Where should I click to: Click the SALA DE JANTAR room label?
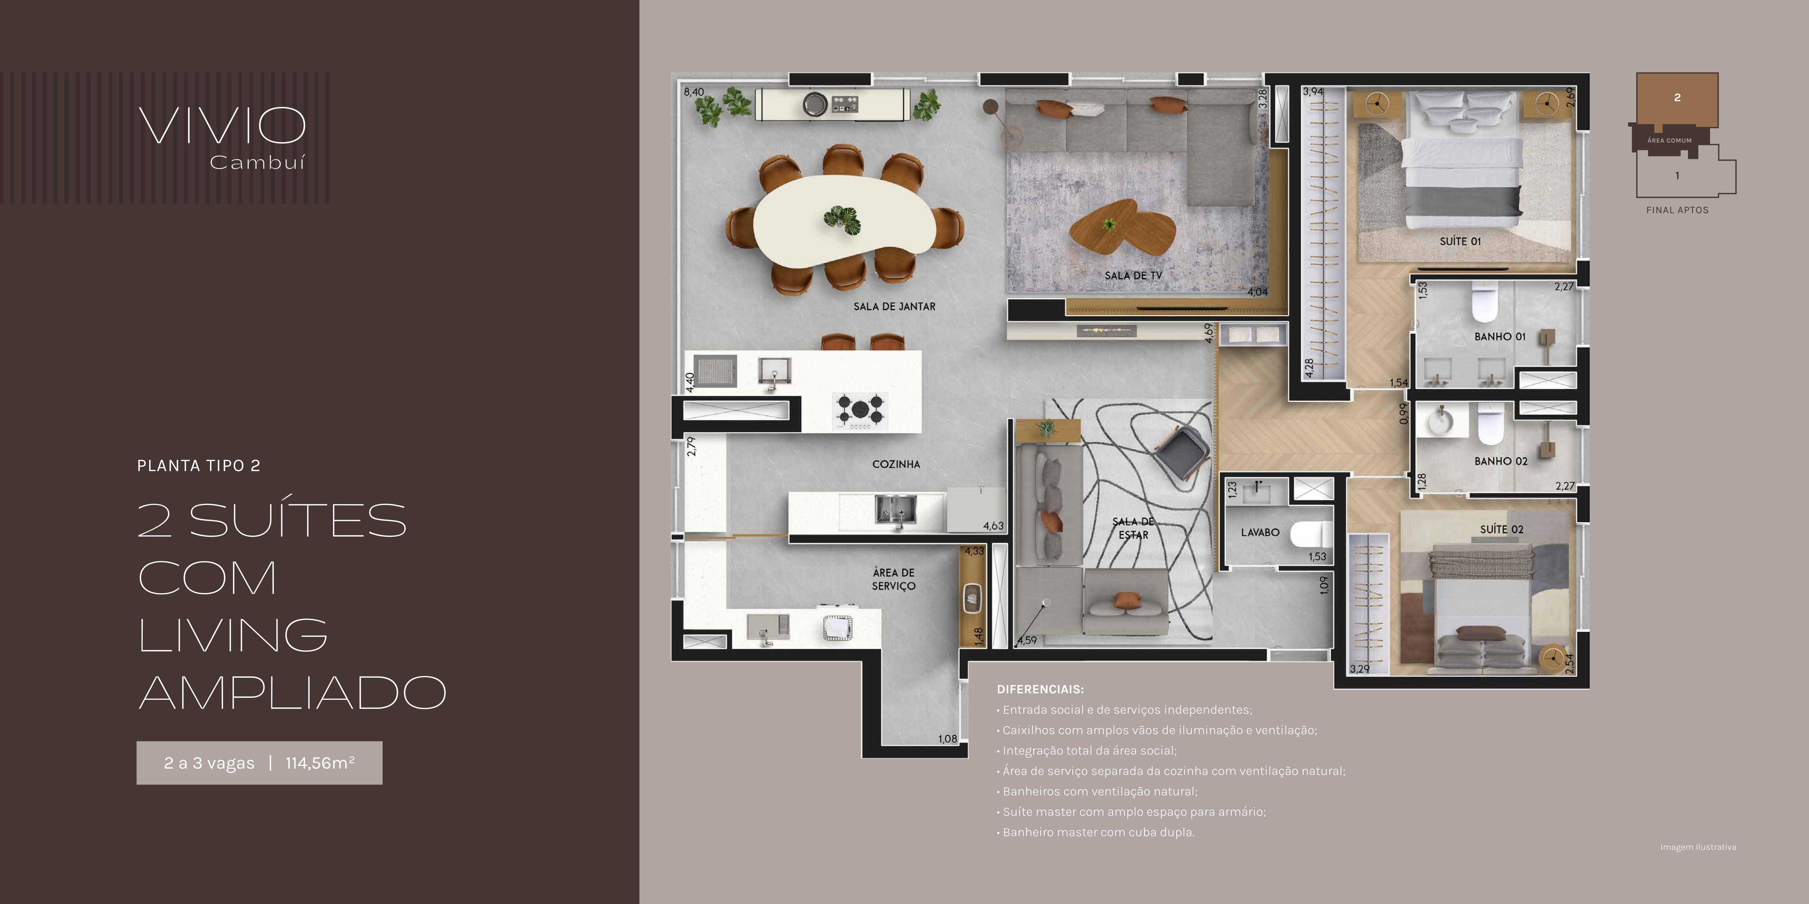pos(894,307)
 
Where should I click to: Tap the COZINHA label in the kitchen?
pos(896,464)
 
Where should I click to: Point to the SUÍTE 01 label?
pos(1460,241)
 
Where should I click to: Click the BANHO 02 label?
pos(1501,461)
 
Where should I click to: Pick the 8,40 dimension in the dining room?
pos(694,92)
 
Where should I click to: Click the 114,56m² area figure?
pos(319,763)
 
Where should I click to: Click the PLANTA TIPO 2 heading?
pos(199,466)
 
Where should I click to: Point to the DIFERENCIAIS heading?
pos(1040,689)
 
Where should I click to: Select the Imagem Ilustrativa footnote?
pos(1698,847)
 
